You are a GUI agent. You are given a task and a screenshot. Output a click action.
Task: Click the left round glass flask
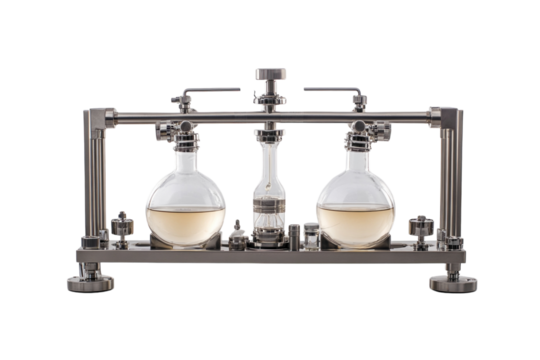[186, 200]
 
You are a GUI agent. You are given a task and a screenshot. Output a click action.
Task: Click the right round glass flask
[355, 200]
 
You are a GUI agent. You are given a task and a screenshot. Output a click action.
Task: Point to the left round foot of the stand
[90, 281]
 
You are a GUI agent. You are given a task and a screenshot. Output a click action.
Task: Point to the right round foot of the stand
[452, 281]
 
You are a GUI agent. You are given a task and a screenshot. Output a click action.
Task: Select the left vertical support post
[95, 180]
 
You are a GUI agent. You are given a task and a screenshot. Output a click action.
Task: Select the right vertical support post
[447, 180]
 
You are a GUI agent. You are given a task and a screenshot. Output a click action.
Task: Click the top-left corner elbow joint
[98, 117]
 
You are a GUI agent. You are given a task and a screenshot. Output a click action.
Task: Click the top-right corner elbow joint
[443, 117]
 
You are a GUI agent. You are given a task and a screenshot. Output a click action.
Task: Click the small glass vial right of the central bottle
[312, 235]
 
